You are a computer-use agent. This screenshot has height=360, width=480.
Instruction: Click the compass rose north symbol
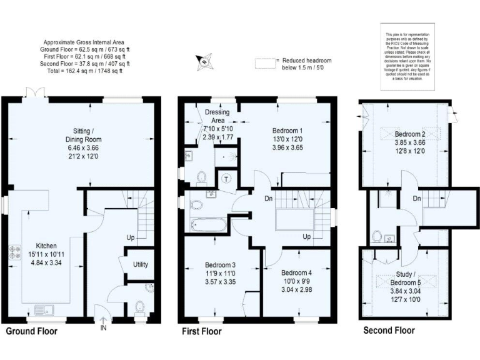[204, 61]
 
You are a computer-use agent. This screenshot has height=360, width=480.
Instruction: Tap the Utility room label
[141, 264]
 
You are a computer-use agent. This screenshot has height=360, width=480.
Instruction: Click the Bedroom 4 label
[297, 273]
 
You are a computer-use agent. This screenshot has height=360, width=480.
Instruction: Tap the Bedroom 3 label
[219, 265]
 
